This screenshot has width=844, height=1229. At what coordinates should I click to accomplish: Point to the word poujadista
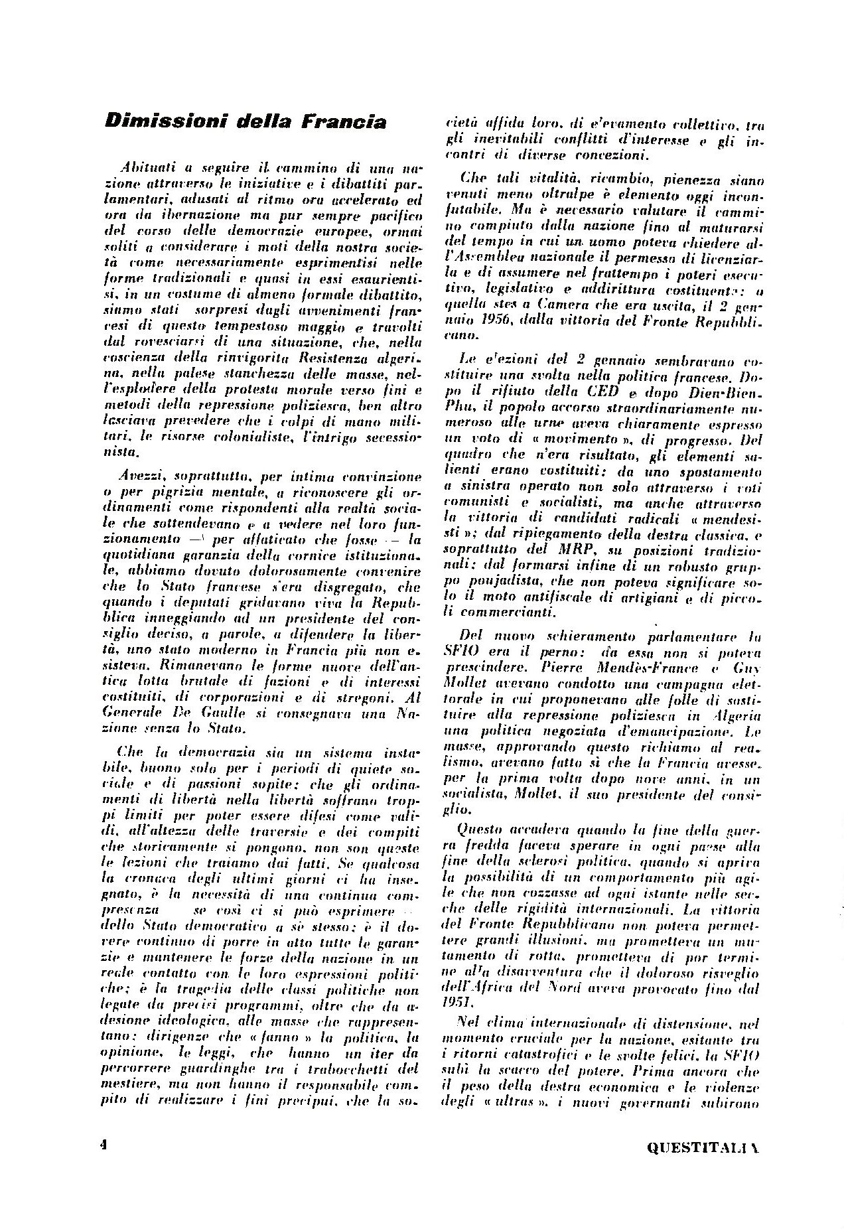pyautogui.click(x=490, y=583)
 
